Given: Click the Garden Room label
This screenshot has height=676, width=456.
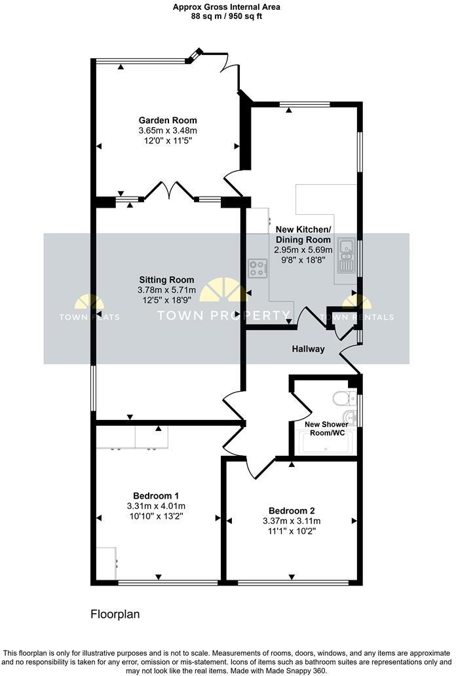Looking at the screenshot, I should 167,121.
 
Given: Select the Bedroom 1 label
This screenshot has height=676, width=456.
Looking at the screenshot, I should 156,495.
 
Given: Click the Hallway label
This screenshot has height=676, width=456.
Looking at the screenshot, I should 308,349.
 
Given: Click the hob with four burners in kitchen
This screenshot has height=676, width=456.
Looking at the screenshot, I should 257,268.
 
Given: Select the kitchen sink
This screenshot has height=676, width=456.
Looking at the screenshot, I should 345,256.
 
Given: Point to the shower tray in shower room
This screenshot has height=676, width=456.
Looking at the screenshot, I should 326,443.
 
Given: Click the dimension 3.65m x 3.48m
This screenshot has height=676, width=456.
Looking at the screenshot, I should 167,131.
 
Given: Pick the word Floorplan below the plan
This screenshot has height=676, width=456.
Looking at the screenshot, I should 115,614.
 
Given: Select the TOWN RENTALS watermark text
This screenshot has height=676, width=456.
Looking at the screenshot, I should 357,318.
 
